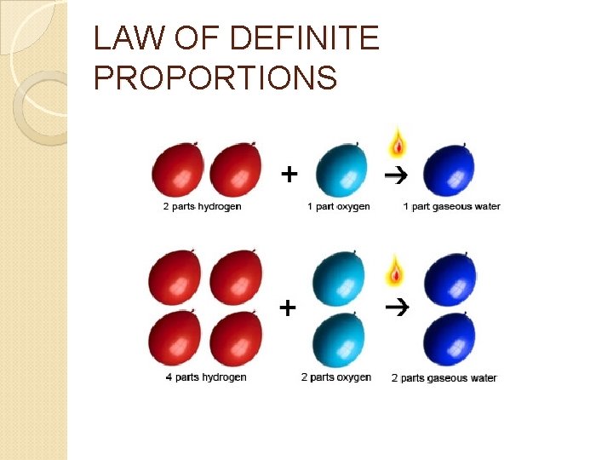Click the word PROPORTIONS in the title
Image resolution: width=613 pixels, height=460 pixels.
coord(215,78)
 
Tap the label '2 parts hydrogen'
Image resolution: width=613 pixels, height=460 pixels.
coord(202,206)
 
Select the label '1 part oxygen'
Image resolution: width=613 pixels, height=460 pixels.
coord(339,206)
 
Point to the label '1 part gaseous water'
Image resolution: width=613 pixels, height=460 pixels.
coord(451,206)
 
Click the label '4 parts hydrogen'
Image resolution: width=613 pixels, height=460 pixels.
coord(206,377)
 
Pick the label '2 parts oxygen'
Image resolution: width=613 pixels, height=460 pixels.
coord(336,377)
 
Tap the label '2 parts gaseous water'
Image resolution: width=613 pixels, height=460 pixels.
coord(444,377)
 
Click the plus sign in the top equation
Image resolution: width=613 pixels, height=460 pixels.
coord(289,175)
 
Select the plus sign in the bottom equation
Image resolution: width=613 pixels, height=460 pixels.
coord(289,307)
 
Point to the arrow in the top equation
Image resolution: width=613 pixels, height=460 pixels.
coord(396,175)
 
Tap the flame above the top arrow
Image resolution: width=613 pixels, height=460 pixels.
coord(397,143)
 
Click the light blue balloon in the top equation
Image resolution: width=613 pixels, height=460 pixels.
coord(341,172)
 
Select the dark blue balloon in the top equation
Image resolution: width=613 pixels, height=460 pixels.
coord(449,172)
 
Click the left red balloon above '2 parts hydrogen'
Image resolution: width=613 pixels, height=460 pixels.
coord(178,172)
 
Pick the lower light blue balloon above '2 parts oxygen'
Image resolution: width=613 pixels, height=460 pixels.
coord(339,340)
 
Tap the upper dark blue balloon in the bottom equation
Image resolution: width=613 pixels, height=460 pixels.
coord(449,280)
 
